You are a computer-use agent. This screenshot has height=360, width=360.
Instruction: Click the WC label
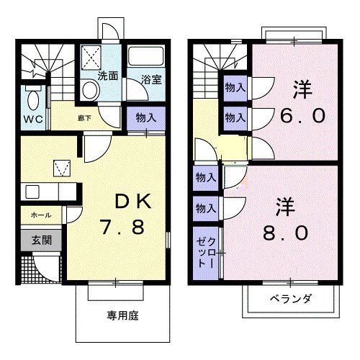31,119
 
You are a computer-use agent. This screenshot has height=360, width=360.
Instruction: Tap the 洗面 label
109,75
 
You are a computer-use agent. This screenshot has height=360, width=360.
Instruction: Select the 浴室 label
150,80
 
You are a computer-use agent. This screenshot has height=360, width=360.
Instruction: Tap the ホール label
40,215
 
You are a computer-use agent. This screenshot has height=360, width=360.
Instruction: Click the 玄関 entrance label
41,240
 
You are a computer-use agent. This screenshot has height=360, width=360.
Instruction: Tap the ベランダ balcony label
291,299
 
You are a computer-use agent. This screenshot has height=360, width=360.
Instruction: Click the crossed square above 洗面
91,55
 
